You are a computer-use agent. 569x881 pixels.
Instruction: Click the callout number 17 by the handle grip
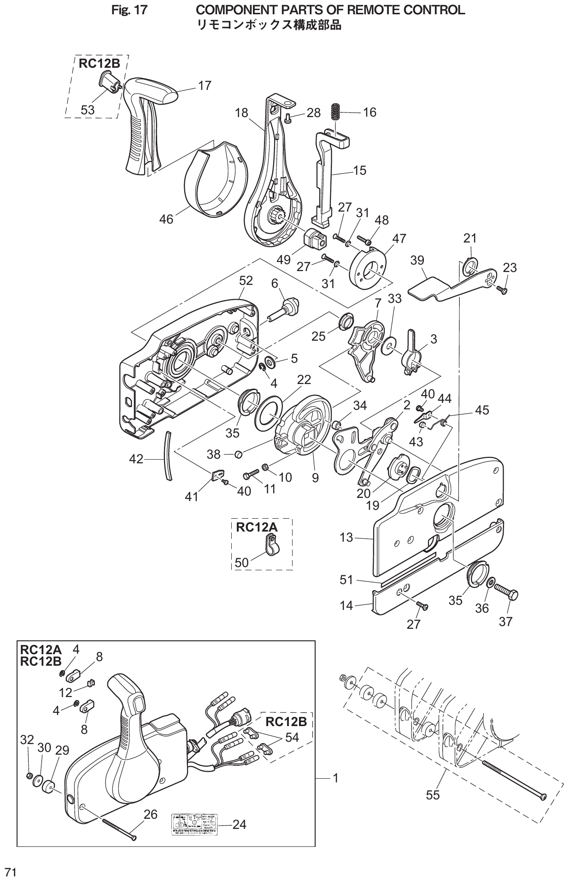tap(205, 85)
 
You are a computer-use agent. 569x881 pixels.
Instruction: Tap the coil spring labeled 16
tap(337, 112)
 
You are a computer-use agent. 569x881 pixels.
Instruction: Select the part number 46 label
tap(166, 219)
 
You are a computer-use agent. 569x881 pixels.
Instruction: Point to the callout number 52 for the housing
tap(246, 281)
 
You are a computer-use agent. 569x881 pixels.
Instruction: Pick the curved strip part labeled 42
tap(169, 456)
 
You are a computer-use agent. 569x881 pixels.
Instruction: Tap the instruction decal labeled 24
tap(194, 824)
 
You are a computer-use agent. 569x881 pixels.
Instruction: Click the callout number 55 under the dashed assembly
tap(433, 795)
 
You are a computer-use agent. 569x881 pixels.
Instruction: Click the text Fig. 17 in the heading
tap(129, 10)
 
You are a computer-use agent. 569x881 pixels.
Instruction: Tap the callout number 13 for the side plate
tap(346, 537)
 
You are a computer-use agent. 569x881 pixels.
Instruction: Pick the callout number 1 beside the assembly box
tap(335, 778)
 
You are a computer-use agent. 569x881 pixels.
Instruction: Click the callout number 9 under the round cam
tap(315, 478)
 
